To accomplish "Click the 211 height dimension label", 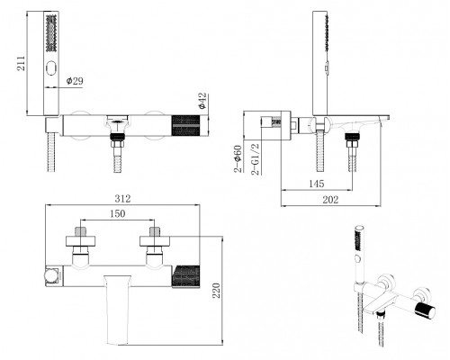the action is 21,63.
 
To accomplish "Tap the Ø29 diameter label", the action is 75,81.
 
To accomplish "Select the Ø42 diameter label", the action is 202,101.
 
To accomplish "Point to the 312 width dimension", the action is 122,199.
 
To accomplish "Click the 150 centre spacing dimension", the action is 117,213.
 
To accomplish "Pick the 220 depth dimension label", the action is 216,291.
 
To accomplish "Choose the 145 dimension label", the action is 317,184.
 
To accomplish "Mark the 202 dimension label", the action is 330,200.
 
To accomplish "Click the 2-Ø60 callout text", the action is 238,158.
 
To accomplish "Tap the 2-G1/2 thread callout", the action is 256,159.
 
